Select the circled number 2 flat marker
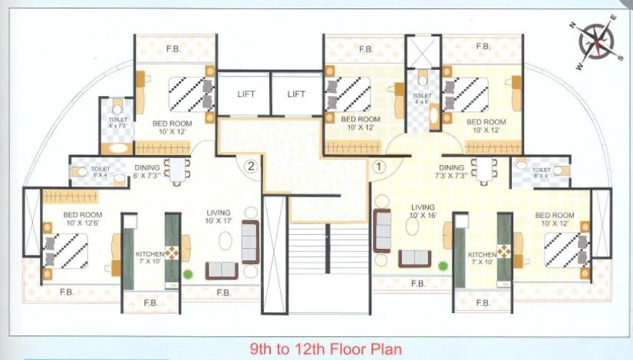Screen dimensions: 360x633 tap(249, 164)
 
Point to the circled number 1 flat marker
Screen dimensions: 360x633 tap(378, 164)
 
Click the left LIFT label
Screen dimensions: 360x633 tap(246, 94)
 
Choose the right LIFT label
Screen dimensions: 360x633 tap(296, 94)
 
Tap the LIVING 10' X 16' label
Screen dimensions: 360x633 tap(423, 212)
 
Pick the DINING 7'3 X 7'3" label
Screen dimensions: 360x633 tap(452, 172)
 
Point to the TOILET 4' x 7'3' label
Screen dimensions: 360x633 tap(117, 123)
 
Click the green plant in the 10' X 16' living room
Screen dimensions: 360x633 tap(443, 266)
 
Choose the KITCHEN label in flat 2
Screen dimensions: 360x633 tap(150, 258)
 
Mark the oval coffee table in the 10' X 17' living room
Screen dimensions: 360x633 tap(225, 241)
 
